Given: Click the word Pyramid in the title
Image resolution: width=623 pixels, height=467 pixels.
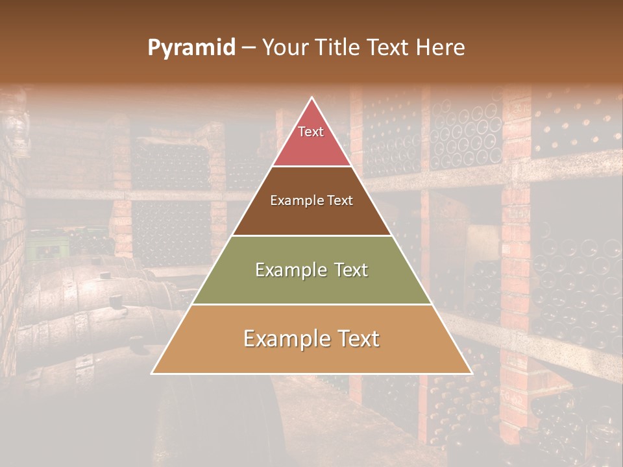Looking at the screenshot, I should [x=191, y=48].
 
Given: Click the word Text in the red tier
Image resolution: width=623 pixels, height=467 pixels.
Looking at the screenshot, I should [x=311, y=132].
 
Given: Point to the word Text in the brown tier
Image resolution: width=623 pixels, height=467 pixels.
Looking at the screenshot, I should [x=339, y=201].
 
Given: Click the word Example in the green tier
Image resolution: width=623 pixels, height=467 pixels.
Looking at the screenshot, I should [x=291, y=270].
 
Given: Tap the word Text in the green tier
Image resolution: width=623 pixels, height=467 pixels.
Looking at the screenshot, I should [x=350, y=270].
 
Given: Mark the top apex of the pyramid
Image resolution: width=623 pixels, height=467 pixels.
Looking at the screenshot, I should [x=312, y=98].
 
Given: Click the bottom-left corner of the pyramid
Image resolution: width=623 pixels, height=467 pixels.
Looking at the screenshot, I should [x=152, y=373].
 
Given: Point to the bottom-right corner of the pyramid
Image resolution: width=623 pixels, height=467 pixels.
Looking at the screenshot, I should [x=472, y=373].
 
